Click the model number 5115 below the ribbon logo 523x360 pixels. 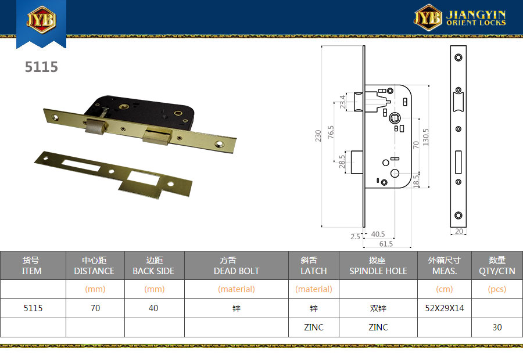tap(41, 67)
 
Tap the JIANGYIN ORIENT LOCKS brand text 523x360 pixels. tap(476, 18)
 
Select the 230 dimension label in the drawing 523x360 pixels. tap(318, 136)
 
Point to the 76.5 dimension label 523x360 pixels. tap(331, 132)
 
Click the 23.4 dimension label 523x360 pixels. tap(342, 102)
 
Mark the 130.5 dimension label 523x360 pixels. tap(425, 138)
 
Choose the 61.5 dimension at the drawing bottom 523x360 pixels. tap(386, 244)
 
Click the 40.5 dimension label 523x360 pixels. tap(378, 234)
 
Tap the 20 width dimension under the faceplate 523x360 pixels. tap(459, 231)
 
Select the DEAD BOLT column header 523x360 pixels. tap(237, 271)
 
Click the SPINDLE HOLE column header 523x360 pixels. tap(378, 271)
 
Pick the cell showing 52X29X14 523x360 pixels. tap(445, 308)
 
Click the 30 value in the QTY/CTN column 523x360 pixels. tap(497, 327)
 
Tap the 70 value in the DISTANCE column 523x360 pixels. tap(95, 308)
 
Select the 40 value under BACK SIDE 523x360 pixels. tap(153, 308)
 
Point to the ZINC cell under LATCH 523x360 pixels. tap(314, 327)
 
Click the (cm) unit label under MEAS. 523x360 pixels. tap(445, 289)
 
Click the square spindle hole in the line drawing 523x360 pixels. tap(395, 118)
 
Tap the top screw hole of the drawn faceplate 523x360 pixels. tap(458, 57)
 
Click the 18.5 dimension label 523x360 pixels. tap(416, 181)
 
